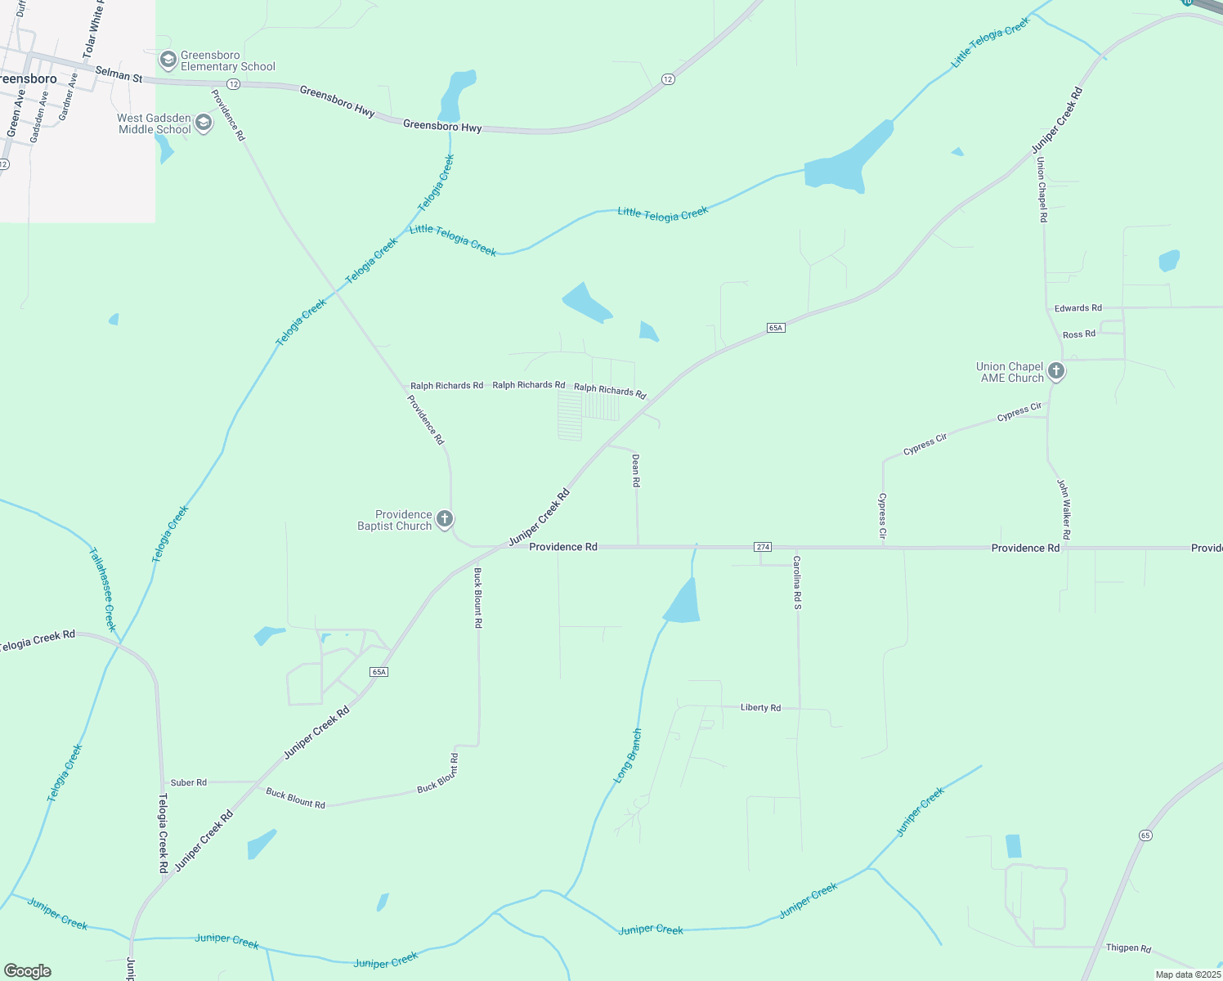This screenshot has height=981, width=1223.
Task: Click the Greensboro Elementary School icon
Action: (168, 60)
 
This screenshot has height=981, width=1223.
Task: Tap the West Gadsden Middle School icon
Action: (204, 123)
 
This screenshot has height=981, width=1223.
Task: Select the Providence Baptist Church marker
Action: (445, 519)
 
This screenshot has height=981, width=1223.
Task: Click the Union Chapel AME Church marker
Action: (1056, 372)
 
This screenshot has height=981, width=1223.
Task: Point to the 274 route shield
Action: (763, 547)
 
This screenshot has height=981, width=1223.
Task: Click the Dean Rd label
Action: (635, 472)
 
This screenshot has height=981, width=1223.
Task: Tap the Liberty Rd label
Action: (760, 708)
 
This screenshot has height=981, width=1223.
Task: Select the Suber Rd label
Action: (189, 783)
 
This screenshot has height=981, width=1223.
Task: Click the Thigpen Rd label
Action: (1128, 948)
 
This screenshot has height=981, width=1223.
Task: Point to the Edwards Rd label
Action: (1077, 308)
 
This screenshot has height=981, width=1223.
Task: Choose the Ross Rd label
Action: (1079, 334)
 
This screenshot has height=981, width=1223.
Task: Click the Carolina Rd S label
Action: (797, 582)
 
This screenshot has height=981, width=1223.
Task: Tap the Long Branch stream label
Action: (628, 756)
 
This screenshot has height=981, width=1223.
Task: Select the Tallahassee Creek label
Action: (103, 589)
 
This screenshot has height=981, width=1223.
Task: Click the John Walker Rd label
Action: (1064, 509)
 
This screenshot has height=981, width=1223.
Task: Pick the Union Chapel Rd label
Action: (1042, 190)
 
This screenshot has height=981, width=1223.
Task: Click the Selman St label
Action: (119, 74)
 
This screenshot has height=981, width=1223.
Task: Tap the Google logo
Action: (28, 971)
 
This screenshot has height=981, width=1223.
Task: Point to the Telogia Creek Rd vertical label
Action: (163, 833)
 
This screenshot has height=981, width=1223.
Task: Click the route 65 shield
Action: (1145, 835)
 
